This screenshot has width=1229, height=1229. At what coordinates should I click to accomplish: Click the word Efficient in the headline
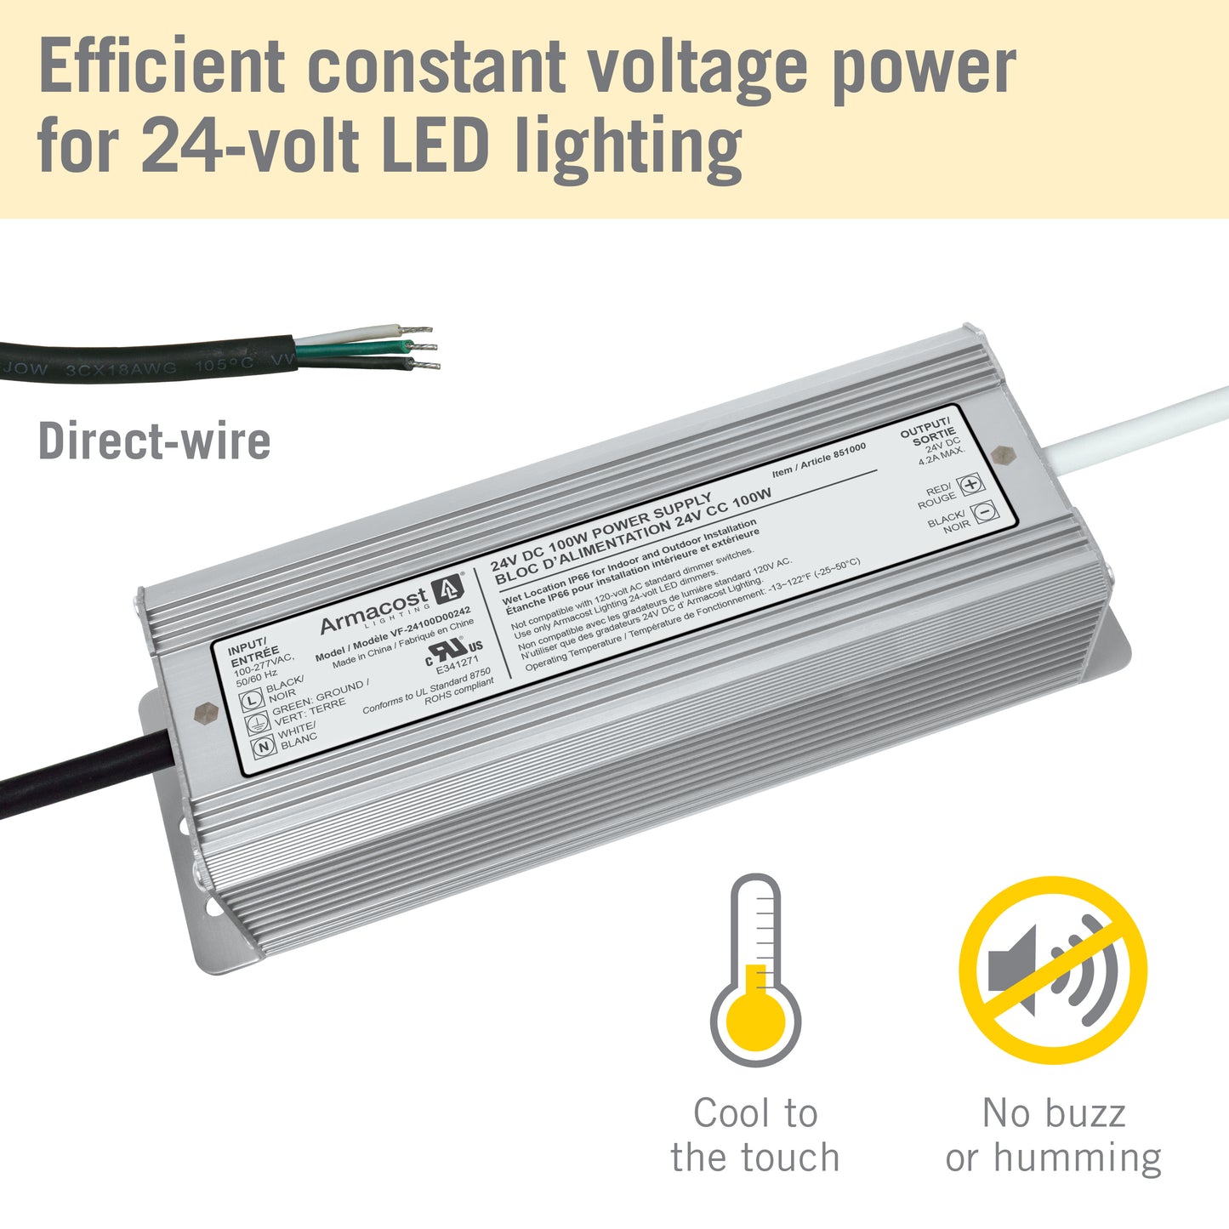pos(162,66)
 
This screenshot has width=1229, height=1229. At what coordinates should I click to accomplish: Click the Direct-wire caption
pos(154,441)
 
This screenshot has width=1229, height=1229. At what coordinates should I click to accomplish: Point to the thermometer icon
pos(755,969)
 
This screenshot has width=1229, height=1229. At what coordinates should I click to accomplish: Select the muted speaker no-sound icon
pos(1053,970)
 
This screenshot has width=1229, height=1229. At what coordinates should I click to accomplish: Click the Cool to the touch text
pos(755,1135)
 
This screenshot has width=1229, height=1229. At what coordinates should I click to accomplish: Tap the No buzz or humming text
pos(1053,1135)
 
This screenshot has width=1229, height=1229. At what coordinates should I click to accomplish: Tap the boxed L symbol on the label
pos(252,701)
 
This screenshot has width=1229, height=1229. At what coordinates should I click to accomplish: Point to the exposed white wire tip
pos(417,329)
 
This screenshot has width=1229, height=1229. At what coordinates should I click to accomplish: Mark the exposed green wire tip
pos(423,347)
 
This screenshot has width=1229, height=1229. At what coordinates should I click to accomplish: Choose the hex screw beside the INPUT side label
pos(203,713)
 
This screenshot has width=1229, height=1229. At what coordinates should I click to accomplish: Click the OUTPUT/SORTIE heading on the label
pos(927,431)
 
